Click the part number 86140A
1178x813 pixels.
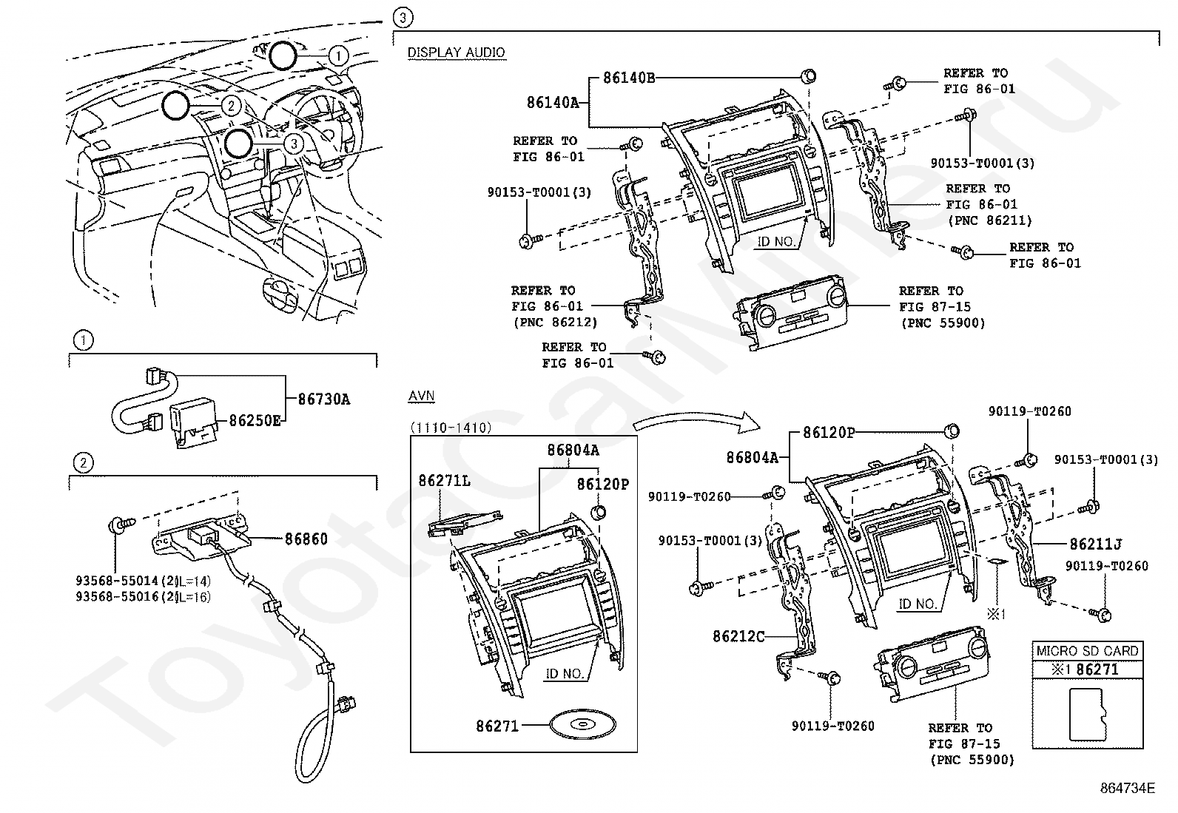[x=553, y=103]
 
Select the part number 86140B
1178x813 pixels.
[x=628, y=77]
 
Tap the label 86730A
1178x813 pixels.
[x=324, y=399]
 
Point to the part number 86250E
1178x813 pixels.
[x=255, y=421]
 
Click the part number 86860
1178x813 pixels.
[x=306, y=539]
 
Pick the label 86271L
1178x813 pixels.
[x=444, y=481]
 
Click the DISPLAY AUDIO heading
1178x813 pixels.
[x=457, y=53]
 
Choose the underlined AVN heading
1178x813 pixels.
[x=421, y=397]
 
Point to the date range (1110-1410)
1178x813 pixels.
[x=451, y=428]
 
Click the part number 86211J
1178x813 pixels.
[x=1095, y=544]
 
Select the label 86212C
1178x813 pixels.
[x=738, y=635]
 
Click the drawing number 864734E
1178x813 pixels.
[x=1128, y=788]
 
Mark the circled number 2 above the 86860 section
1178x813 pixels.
[x=84, y=463]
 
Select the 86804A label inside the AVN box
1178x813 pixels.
[x=573, y=450]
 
